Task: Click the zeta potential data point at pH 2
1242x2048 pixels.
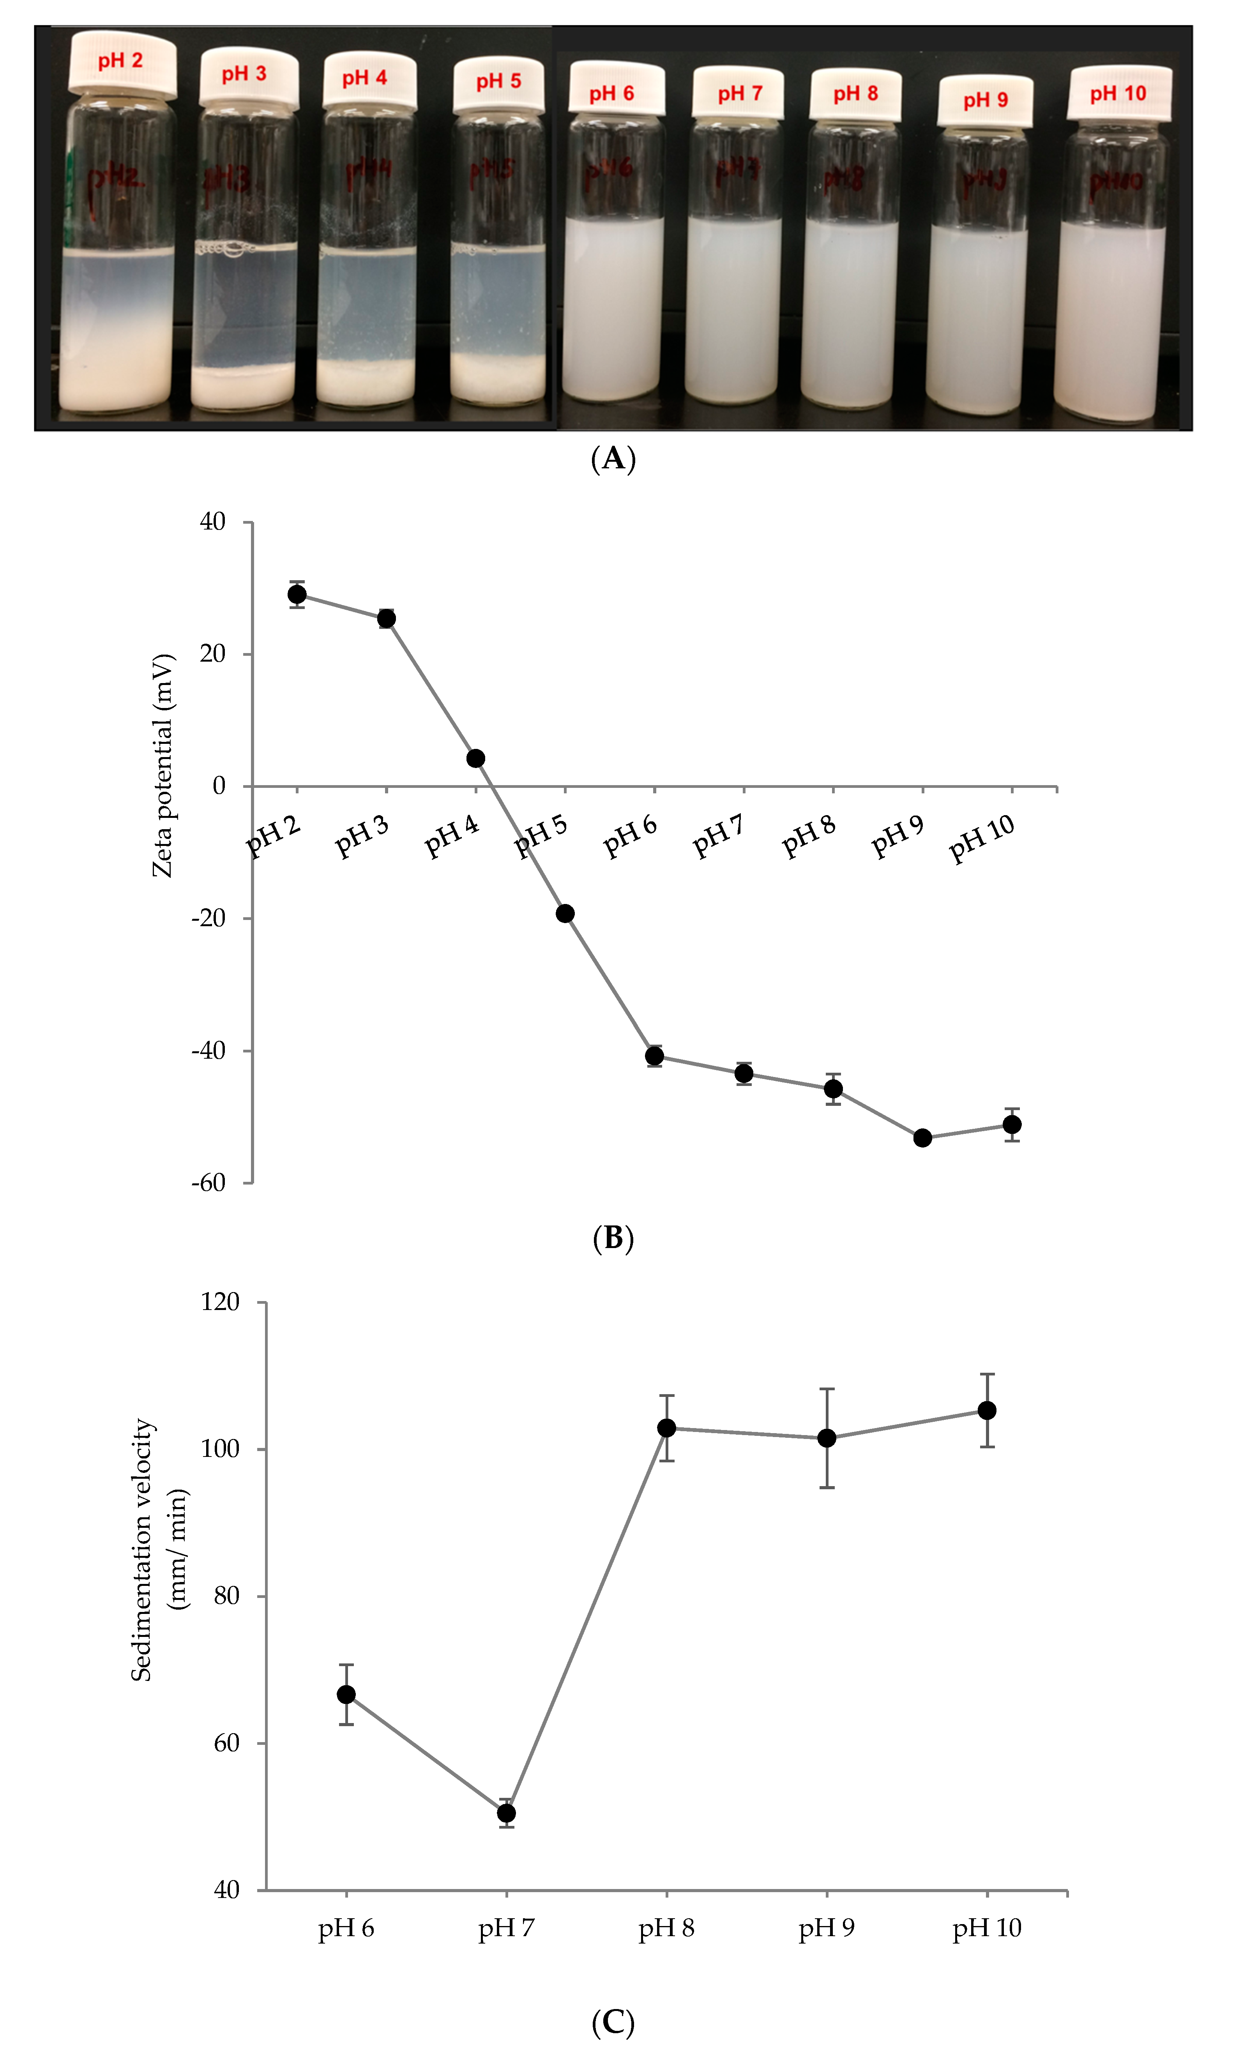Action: [x=297, y=594]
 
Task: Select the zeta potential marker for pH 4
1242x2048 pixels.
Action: [x=475, y=758]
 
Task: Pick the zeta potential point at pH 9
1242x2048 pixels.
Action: [x=922, y=1138]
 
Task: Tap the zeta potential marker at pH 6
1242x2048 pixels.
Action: [x=654, y=1056]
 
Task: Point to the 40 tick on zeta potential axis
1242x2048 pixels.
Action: [x=213, y=522]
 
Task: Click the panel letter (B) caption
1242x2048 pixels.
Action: [x=613, y=1238]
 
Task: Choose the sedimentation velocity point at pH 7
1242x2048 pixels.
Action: [x=506, y=1813]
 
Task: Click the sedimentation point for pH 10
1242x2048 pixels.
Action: [x=987, y=1411]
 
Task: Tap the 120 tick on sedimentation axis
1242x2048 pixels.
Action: [x=220, y=1301]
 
